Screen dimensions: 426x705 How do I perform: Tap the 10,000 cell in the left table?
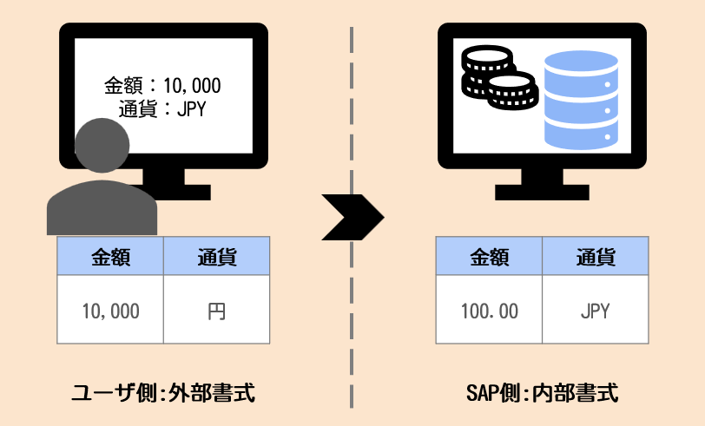(110, 311)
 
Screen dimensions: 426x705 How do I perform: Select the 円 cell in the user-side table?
(216, 311)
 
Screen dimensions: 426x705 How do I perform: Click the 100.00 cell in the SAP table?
(490, 311)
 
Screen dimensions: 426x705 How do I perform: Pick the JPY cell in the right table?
(596, 311)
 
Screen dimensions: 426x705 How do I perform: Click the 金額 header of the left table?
(110, 258)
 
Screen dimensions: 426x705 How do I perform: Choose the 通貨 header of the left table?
(216, 258)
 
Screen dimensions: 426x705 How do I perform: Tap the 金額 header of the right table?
(490, 258)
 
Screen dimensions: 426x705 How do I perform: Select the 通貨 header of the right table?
(596, 258)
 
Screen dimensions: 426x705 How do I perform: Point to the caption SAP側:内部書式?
(542, 393)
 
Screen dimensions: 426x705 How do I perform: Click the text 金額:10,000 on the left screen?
(162, 86)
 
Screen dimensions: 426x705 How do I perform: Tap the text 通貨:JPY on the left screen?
(163, 109)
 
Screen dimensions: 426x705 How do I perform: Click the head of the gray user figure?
(101, 146)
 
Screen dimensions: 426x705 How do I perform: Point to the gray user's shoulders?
(101, 208)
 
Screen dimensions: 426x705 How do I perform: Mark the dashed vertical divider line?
(352, 347)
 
